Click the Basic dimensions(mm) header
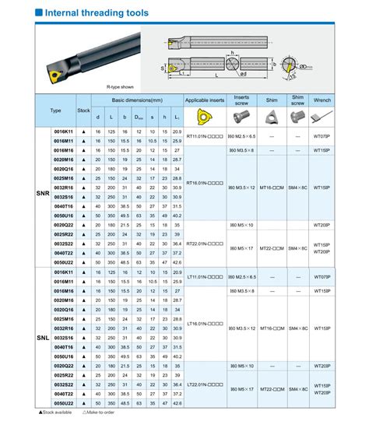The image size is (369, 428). coord(137,101)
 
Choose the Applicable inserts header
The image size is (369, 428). coord(206,101)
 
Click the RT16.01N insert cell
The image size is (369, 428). coord(206,184)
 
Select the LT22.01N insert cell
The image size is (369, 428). coord(206,384)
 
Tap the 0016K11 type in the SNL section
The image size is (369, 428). coord(63,275)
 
